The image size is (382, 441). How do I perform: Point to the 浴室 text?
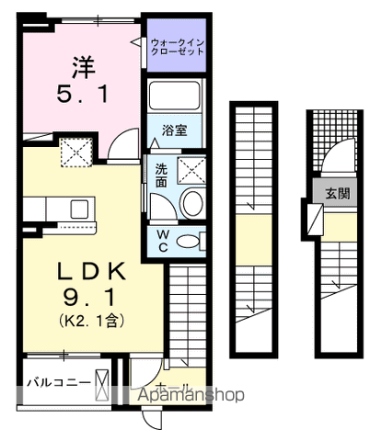(x=175, y=130)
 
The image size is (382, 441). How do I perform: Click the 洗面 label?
(x=160, y=174)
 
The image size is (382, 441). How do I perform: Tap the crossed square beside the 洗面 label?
(x=191, y=169)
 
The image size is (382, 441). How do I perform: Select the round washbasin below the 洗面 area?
(x=192, y=205)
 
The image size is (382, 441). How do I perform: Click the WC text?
(x=160, y=241)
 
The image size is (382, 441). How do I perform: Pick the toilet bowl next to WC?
(x=190, y=242)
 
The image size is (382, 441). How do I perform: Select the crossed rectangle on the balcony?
(x=101, y=381)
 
